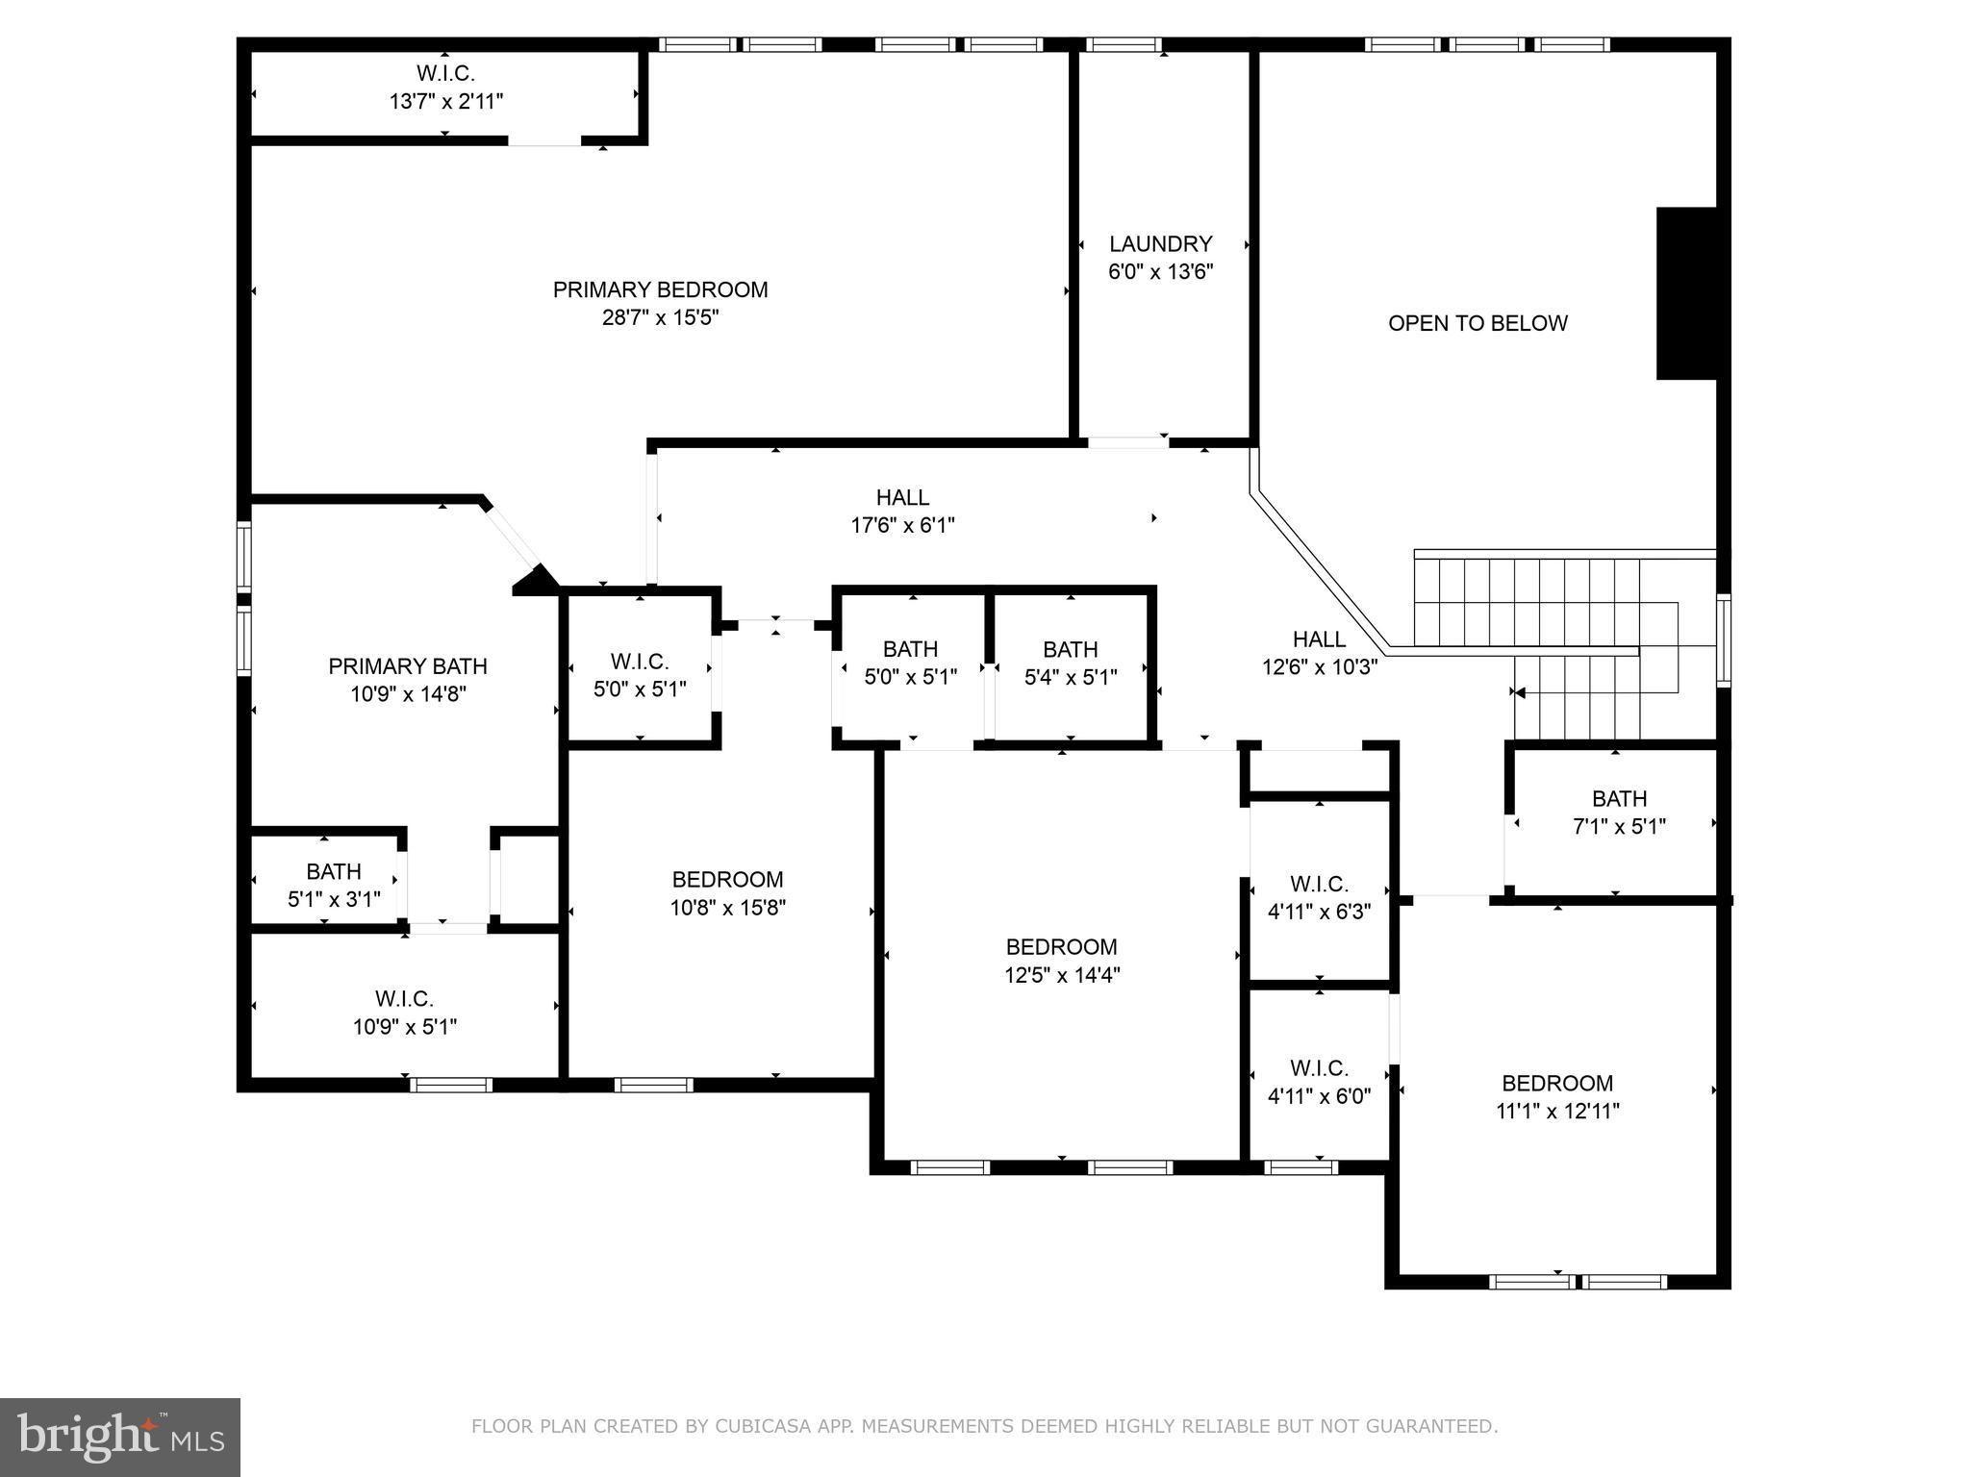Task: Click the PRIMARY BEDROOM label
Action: (x=660, y=289)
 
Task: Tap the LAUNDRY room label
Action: (x=1160, y=244)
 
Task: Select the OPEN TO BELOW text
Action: (x=1477, y=323)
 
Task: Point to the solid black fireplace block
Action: (x=1686, y=293)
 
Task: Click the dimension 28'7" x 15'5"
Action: (x=660, y=317)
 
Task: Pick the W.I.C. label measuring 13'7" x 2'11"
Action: (x=445, y=73)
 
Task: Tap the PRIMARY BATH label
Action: (x=408, y=666)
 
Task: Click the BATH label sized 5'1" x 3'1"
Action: (x=334, y=871)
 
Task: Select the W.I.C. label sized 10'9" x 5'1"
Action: (x=404, y=999)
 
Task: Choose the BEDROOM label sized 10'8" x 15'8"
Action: (x=727, y=879)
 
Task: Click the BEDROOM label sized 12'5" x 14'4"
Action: (x=1062, y=947)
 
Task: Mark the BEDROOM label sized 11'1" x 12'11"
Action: (x=1557, y=1083)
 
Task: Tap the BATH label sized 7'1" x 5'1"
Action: (x=1619, y=798)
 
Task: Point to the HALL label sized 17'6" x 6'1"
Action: (x=902, y=497)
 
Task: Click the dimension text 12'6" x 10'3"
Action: (x=1320, y=666)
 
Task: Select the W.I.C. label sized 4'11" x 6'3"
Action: (x=1319, y=883)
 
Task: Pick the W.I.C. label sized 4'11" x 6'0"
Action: (x=1319, y=1067)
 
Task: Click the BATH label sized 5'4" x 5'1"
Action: (x=1070, y=649)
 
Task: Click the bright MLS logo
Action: (x=120, y=1438)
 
